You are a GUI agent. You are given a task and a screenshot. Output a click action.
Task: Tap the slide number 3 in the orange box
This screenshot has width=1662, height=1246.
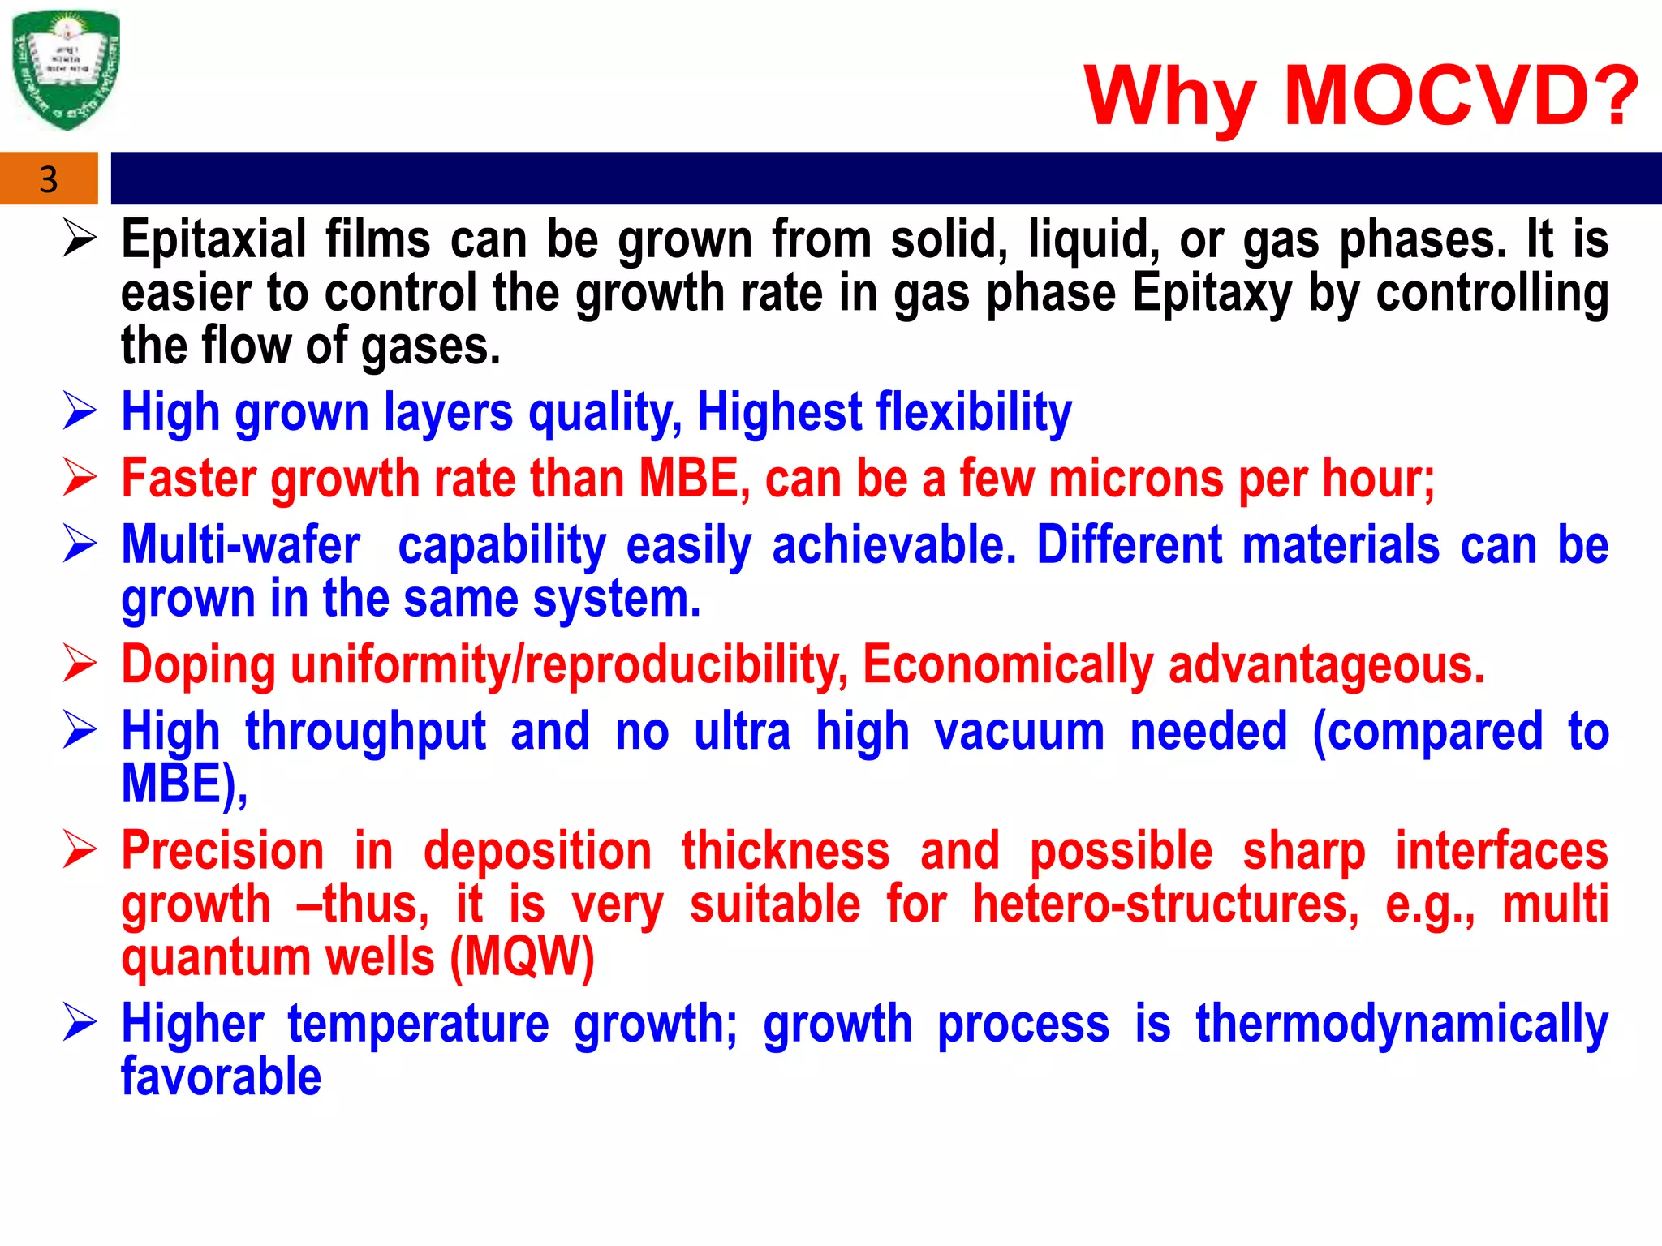coord(49,179)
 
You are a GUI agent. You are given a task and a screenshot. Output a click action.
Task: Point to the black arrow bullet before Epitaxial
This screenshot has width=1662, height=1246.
coord(80,239)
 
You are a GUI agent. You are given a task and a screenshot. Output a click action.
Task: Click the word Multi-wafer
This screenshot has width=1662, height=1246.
coord(241,545)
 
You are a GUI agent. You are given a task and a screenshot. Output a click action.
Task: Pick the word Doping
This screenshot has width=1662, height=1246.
coord(199,666)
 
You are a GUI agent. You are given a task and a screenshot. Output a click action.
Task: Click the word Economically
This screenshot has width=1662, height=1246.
coord(1007,666)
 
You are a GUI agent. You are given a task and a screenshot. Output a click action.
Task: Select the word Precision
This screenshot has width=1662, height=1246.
coord(223,852)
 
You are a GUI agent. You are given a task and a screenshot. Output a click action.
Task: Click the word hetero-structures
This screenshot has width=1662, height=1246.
coord(1165,904)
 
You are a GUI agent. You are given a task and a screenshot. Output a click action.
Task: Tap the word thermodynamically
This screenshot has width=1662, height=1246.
coord(1402,1025)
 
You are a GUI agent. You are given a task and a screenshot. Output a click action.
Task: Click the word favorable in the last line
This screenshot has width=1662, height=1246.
coord(222,1077)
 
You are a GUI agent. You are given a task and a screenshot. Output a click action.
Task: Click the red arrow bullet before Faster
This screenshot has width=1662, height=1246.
coord(80,477)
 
